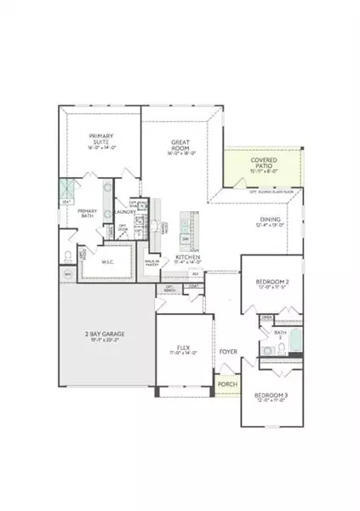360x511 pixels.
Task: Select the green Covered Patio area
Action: [x=262, y=165]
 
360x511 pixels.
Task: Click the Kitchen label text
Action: [x=187, y=257]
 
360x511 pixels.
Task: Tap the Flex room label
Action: [x=183, y=347]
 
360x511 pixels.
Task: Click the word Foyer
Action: [x=227, y=350]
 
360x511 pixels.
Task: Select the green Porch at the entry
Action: [x=227, y=385]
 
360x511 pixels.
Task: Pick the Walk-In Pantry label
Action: [x=154, y=264]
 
